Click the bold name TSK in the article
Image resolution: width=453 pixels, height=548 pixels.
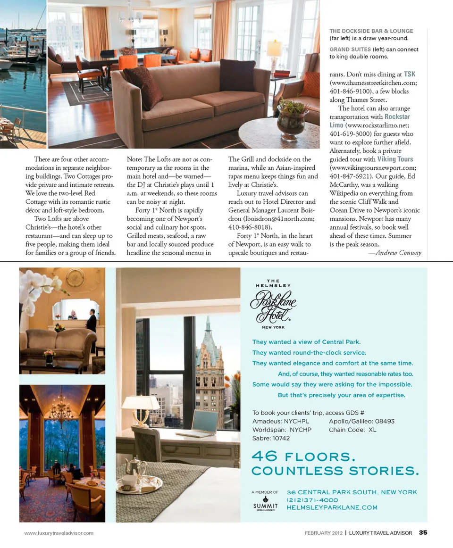click(410, 74)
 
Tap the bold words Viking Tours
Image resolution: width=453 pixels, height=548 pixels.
click(395, 159)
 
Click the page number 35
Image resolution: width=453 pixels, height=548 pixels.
click(423, 533)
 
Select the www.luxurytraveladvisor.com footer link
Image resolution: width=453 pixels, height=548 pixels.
click(59, 533)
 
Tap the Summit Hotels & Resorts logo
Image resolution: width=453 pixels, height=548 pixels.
click(265, 503)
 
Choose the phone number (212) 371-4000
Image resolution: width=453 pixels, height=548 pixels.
click(312, 499)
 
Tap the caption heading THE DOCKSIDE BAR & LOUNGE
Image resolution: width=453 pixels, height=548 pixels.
click(371, 31)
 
